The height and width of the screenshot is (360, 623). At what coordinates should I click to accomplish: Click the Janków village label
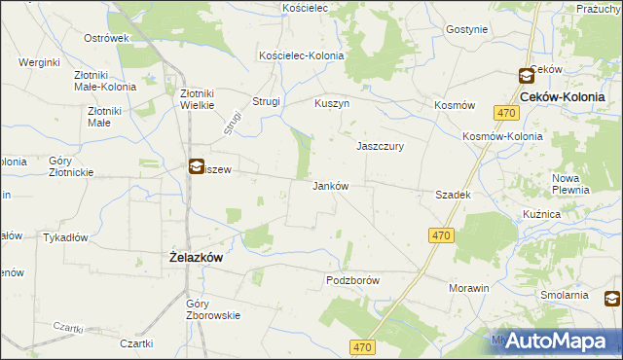click(x=330, y=186)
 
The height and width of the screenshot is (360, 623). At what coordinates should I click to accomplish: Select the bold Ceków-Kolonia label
click(x=563, y=98)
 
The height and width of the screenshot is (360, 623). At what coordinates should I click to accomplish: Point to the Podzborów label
click(x=351, y=280)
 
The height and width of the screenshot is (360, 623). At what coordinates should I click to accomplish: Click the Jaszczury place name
click(x=380, y=146)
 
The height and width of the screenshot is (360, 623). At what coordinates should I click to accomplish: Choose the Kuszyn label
click(x=332, y=102)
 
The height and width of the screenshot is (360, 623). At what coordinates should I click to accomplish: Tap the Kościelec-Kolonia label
click(x=301, y=55)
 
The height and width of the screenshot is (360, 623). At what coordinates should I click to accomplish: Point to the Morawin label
click(x=468, y=289)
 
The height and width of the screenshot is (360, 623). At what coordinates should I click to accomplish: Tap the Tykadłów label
click(x=66, y=237)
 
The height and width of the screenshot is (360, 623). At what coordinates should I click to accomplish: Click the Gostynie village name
click(x=466, y=29)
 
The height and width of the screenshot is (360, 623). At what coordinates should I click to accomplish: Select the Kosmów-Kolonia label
click(x=502, y=136)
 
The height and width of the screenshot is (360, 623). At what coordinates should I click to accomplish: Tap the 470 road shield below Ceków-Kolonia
click(x=505, y=114)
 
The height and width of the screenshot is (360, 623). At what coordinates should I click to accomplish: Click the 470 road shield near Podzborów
click(x=441, y=235)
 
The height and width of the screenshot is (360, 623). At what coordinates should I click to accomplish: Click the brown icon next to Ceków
click(x=526, y=75)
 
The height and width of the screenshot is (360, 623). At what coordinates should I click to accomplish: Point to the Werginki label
click(x=40, y=62)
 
